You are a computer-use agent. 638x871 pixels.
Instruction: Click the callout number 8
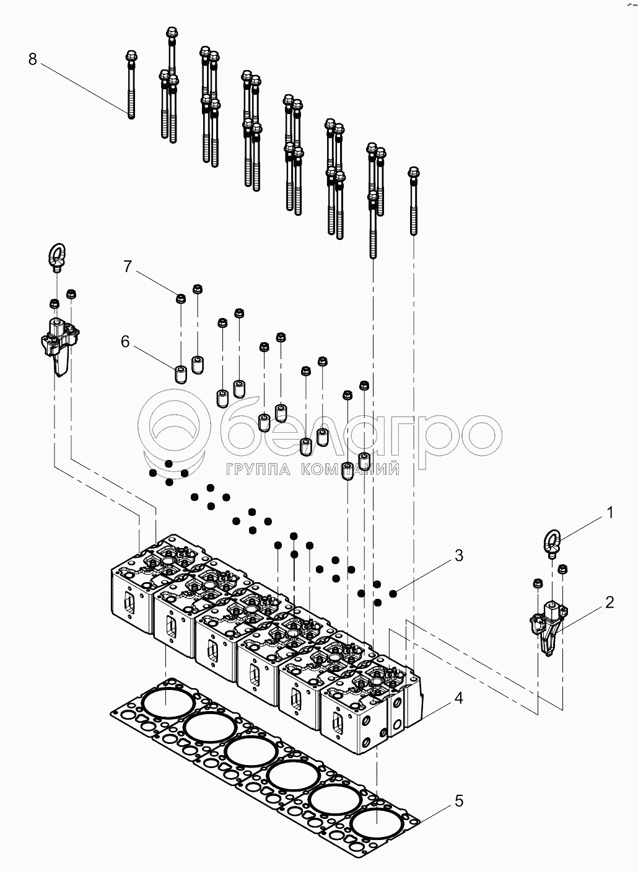(x=32, y=60)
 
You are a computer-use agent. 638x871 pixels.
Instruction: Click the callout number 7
(x=128, y=267)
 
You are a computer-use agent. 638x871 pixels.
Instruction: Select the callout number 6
(x=125, y=341)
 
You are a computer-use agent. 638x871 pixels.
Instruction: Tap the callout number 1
(x=610, y=512)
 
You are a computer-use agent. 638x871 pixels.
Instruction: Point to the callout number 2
(x=610, y=601)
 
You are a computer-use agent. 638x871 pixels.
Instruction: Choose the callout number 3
(x=458, y=555)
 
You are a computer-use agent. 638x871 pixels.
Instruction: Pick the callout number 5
(x=458, y=800)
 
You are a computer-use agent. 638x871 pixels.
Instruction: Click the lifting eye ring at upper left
(x=56, y=256)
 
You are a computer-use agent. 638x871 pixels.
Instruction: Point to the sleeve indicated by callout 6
(x=181, y=374)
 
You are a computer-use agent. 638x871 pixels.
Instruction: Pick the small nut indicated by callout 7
(x=181, y=299)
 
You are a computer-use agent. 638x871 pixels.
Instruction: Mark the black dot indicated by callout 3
(x=393, y=595)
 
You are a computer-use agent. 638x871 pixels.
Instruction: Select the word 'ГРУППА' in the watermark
(x=259, y=469)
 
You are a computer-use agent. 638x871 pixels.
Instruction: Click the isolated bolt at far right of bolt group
(x=414, y=201)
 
